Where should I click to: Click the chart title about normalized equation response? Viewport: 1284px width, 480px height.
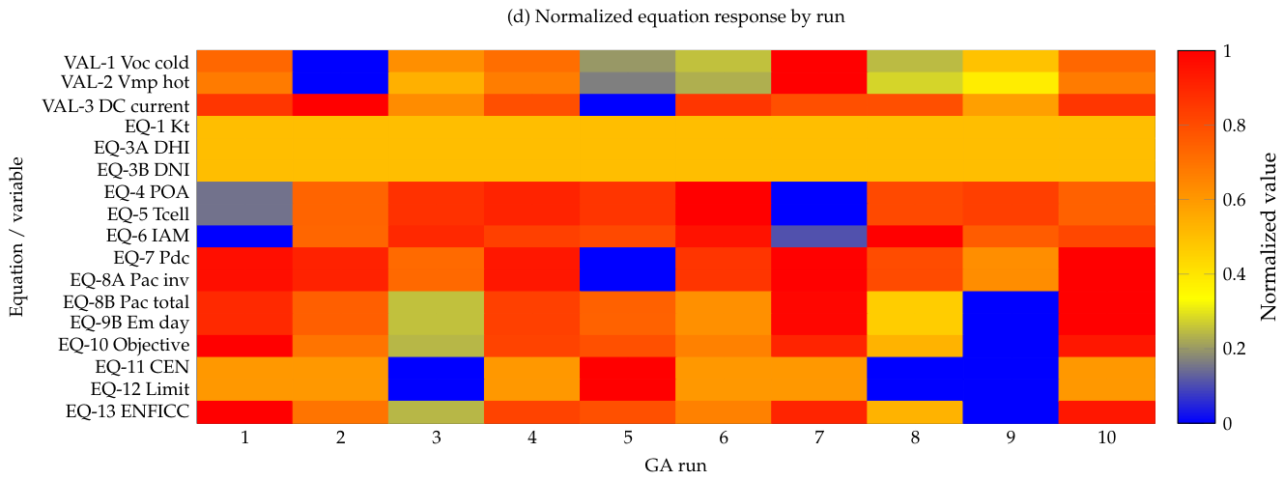pos(676,16)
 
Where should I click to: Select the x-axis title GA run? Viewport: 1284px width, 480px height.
pos(676,466)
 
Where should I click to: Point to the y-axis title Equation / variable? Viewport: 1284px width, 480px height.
pos(16,237)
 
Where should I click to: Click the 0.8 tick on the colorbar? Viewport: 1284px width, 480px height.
pos(1234,126)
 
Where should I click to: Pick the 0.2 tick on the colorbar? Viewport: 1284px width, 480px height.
pos(1234,349)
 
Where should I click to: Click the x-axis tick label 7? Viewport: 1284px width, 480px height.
pos(819,438)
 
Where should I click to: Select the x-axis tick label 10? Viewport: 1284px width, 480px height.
pos(1106,438)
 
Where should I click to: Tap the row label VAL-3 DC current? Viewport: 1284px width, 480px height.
pos(115,106)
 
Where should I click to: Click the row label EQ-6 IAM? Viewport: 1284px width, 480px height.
pos(147,236)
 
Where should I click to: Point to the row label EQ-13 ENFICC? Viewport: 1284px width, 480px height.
pos(128,411)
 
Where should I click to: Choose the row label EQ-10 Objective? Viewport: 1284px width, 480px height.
pos(124,345)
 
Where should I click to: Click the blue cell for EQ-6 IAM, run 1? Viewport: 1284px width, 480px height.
pos(244,236)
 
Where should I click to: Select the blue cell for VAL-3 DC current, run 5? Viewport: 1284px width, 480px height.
pos(628,105)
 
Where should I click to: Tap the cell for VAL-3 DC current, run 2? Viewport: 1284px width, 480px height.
pos(340,105)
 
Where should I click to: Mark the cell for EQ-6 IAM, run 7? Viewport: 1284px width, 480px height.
pos(819,236)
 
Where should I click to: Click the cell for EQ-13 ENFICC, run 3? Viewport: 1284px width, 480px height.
pos(437,411)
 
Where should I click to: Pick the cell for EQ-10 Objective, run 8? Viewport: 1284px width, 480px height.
pos(915,346)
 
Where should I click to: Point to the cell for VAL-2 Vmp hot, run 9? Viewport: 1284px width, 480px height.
pos(1011,83)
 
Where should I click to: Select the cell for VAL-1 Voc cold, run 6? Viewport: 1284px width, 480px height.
pos(724,61)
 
